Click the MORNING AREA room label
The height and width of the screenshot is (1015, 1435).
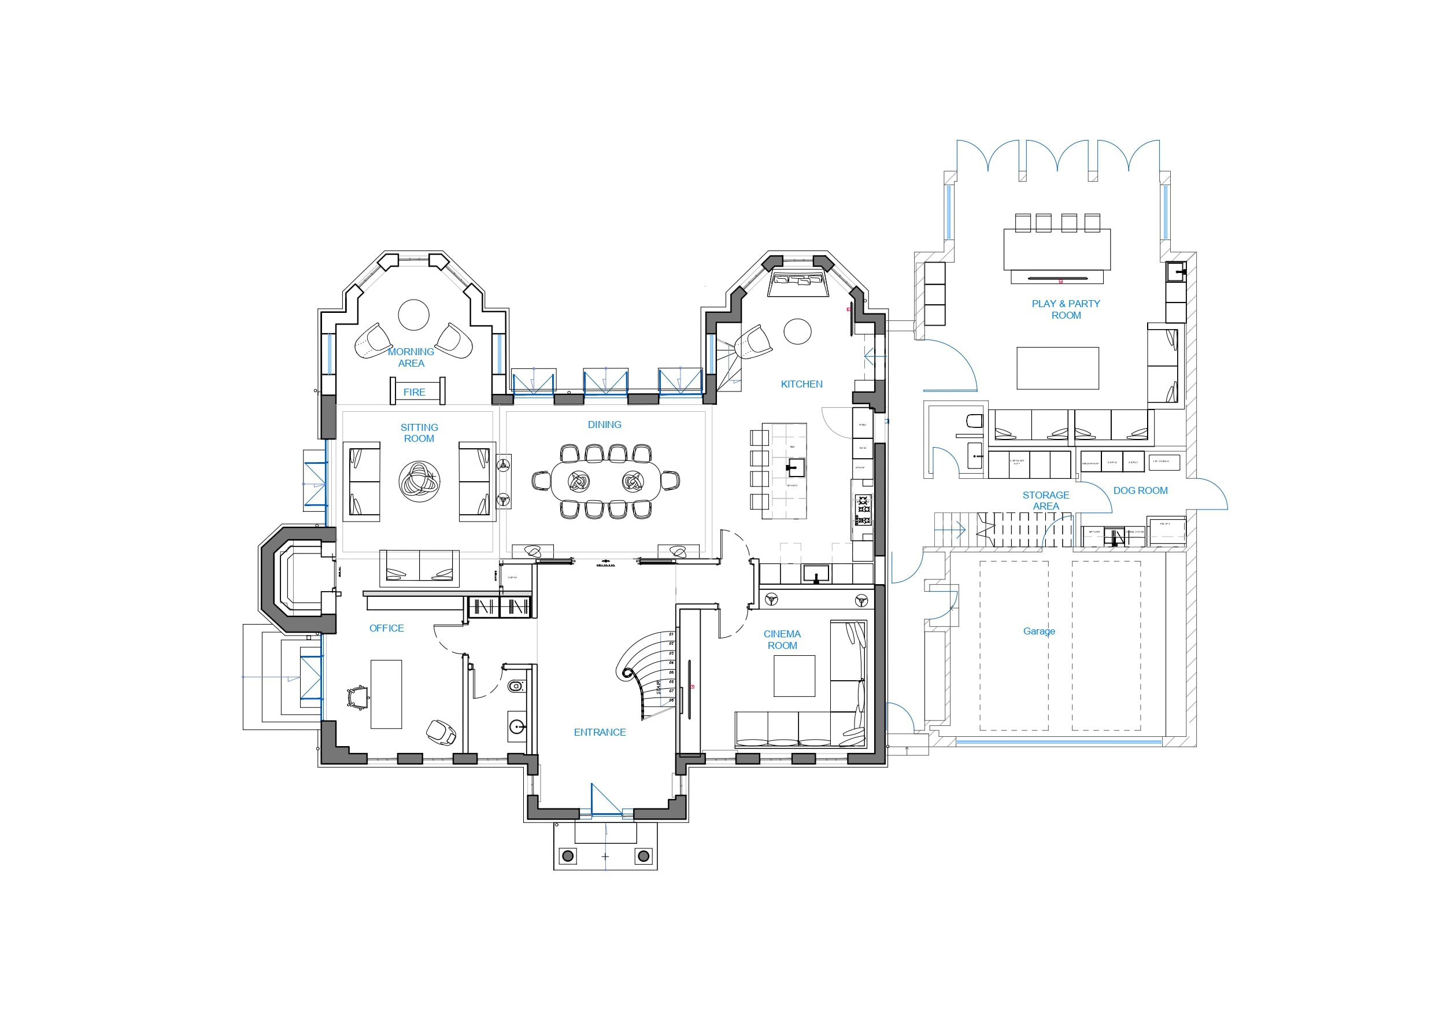point(410,357)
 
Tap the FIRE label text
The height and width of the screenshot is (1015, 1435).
point(415,392)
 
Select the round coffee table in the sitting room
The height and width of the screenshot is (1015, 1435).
point(419,482)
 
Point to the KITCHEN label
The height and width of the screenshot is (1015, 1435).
point(801,384)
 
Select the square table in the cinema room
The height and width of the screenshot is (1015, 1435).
point(794,676)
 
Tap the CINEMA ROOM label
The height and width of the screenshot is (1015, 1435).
point(782,639)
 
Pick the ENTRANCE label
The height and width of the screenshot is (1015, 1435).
point(600,732)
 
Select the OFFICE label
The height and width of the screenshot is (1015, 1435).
point(386,628)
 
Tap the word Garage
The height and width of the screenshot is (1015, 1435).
point(1039,631)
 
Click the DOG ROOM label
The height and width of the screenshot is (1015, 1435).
point(1140,490)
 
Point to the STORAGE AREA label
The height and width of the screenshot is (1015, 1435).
point(1046,500)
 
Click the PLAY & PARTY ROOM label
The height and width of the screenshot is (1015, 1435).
point(1066,309)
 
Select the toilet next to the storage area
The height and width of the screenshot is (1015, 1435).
point(974,420)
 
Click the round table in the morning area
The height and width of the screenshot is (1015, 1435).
point(414,315)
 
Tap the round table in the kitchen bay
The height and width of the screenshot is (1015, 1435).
point(797,331)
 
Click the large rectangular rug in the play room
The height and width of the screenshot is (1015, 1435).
point(1057,368)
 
